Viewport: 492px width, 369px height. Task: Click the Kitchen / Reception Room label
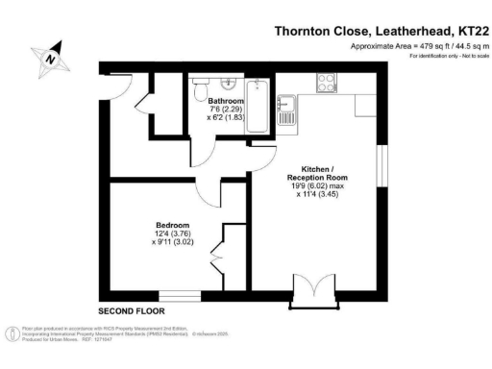click(316, 173)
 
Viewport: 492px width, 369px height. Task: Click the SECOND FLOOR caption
click(132, 311)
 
